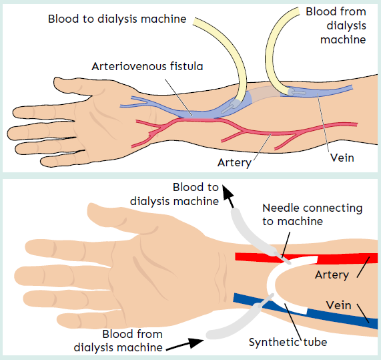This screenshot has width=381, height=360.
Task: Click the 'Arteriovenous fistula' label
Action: point(147,66)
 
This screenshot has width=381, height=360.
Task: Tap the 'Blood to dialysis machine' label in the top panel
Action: point(117,19)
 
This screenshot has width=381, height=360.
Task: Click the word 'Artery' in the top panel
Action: point(234,162)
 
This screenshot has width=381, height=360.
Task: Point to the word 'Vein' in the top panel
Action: point(342,158)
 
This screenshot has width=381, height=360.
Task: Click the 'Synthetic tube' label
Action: point(288,342)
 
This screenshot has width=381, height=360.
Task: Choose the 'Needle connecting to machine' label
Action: point(312,214)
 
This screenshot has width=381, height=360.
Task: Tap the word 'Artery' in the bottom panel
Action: point(332,275)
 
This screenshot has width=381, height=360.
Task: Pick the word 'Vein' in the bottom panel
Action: point(339,305)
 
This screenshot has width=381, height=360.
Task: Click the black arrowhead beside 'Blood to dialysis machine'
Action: point(228,194)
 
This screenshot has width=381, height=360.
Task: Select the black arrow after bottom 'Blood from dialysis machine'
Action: point(185,344)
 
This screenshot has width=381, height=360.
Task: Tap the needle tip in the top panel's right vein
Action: point(305,93)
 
